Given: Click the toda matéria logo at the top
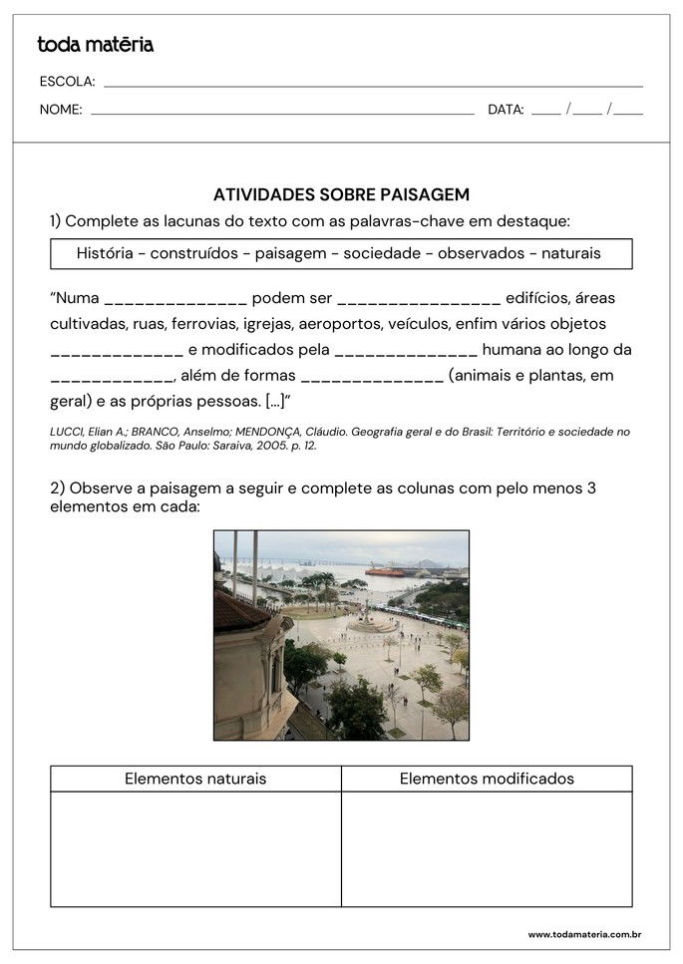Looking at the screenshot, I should [x=95, y=44].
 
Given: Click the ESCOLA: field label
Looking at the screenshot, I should [x=67, y=82].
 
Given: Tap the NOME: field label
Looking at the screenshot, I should [x=61, y=110].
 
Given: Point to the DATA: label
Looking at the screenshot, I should [x=506, y=110].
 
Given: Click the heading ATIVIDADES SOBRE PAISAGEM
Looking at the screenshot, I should [x=341, y=194].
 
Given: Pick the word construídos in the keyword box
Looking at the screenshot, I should [x=195, y=253].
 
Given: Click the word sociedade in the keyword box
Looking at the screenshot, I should [x=381, y=253].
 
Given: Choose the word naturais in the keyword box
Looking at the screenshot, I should [x=570, y=253].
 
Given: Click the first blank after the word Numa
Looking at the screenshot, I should [x=175, y=299].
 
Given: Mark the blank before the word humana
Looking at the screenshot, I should [x=406, y=351].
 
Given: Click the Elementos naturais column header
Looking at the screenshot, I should [x=195, y=779].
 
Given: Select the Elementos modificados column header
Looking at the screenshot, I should [x=487, y=779].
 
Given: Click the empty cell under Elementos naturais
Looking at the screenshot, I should [x=195, y=848].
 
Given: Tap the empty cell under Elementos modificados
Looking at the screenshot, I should [x=487, y=848].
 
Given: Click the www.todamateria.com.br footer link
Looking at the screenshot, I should [x=583, y=934].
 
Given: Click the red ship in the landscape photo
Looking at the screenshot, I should [x=385, y=571].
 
